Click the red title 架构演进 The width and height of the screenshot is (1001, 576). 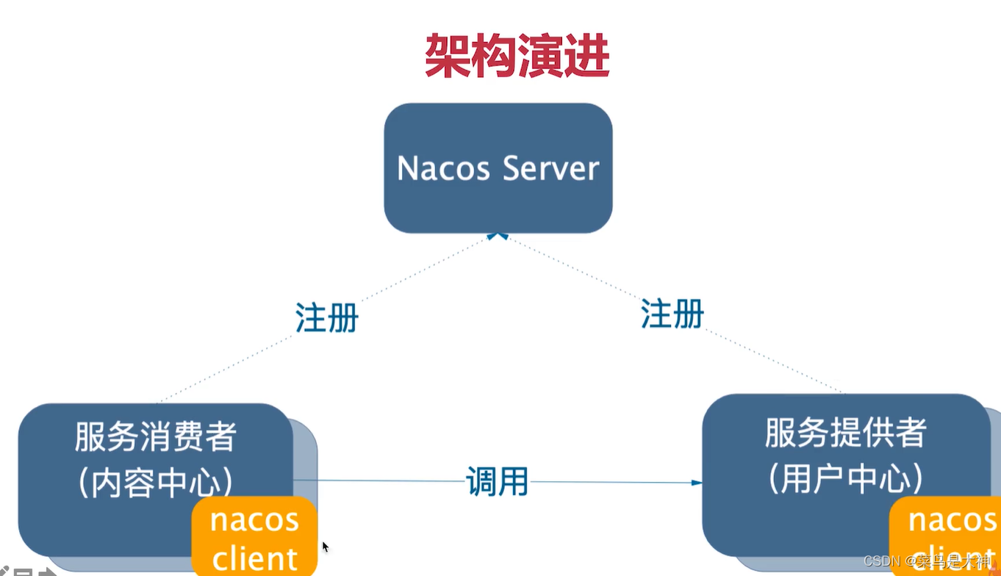point(517,56)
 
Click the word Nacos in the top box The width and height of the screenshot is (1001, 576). point(443,168)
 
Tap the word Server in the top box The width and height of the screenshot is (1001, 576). point(551,168)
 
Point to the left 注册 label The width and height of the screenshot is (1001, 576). point(326,317)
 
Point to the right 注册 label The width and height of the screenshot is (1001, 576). point(672,314)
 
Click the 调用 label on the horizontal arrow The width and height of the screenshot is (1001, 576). point(497,481)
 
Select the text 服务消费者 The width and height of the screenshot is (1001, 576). point(155,436)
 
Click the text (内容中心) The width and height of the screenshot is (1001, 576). point(155,483)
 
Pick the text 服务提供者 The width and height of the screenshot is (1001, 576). point(845,433)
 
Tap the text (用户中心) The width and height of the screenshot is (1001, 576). point(845,479)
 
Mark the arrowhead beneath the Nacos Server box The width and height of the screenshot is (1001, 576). point(498,236)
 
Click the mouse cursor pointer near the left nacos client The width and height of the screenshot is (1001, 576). point(325,547)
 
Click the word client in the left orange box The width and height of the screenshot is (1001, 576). point(254,558)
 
